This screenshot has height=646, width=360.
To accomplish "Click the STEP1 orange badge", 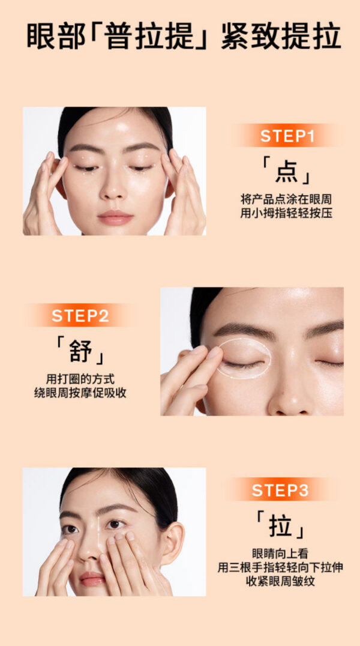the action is [x=287, y=136].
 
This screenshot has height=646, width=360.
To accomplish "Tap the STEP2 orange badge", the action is [x=80, y=316].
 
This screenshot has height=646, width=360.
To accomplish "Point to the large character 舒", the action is [x=81, y=351].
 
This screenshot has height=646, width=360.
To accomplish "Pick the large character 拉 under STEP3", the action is [x=281, y=525].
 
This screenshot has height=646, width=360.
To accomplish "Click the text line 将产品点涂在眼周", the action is [x=286, y=200].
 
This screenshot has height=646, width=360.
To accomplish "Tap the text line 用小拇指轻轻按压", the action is [x=286, y=214].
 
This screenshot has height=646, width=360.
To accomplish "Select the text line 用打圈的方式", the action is [x=80, y=379].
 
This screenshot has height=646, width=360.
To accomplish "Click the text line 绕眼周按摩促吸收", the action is [x=80, y=393].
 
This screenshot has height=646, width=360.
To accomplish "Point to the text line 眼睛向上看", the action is [x=281, y=554].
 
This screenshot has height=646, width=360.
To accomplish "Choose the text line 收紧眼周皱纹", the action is [x=281, y=582].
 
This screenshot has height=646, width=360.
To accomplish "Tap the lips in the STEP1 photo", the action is [x=115, y=217].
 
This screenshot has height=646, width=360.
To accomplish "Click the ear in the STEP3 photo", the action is [x=172, y=543].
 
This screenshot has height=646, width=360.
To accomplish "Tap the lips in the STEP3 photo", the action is [x=92, y=578].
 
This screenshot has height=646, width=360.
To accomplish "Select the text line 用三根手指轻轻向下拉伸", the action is [x=281, y=568].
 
